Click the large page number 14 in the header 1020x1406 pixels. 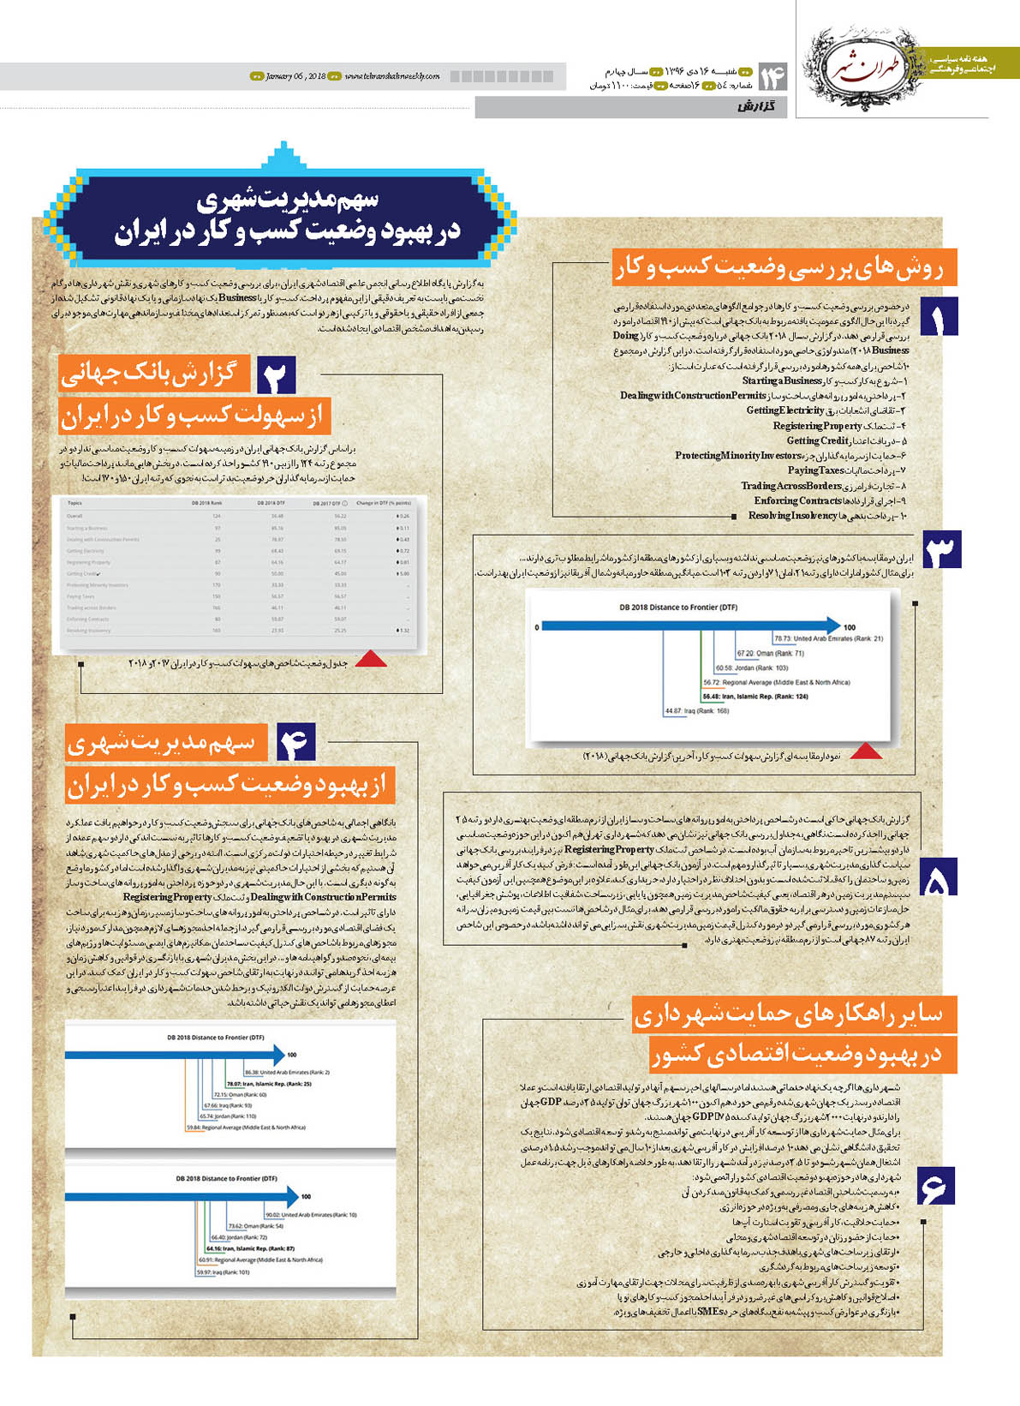(772, 77)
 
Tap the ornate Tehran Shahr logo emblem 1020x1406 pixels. (864, 58)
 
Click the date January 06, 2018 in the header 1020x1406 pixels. (295, 76)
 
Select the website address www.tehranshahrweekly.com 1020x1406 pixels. (392, 76)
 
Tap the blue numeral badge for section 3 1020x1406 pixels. (941, 551)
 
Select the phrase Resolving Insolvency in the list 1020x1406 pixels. (792, 516)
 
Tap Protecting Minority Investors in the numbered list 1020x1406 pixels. (737, 456)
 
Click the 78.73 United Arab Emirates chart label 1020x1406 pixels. (828, 638)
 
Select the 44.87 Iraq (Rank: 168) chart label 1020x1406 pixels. (696, 711)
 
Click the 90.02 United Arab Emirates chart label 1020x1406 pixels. (311, 1215)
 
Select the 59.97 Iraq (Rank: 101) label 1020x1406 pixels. (223, 1271)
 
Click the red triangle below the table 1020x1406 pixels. (371, 658)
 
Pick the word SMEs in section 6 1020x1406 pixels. (707, 1312)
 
